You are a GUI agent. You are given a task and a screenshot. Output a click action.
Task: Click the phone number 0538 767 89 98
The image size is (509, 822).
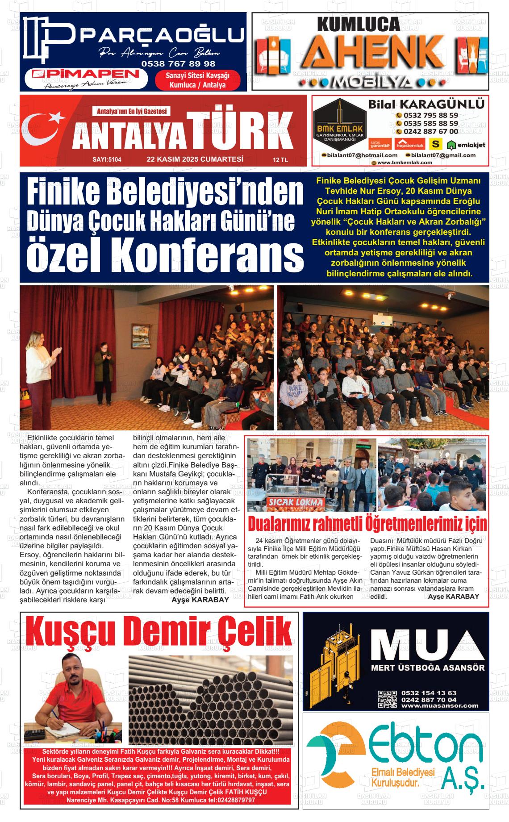(x=178, y=64)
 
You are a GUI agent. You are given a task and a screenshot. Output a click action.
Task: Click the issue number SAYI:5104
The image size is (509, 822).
(x=107, y=159)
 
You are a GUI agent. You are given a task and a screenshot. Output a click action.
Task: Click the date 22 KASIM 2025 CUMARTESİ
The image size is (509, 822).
(x=195, y=159)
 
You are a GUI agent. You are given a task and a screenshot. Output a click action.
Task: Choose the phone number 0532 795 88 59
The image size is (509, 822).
(x=430, y=115)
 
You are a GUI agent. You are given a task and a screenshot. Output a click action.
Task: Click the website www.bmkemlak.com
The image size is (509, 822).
(x=405, y=163)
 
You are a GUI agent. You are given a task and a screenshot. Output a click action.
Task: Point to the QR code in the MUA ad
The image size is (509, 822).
(x=387, y=699)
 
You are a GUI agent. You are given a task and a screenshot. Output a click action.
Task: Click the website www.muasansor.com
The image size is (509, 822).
(x=439, y=706)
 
